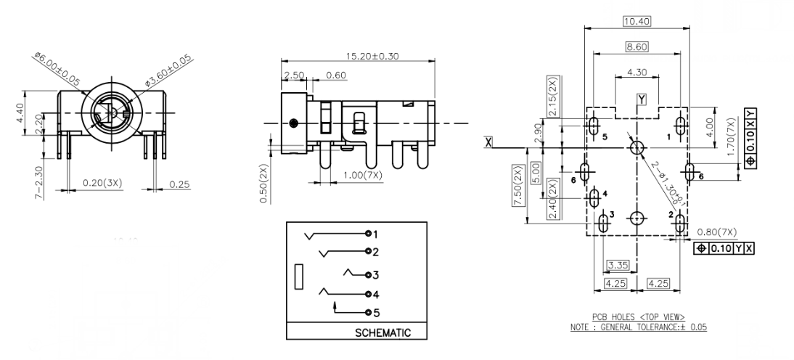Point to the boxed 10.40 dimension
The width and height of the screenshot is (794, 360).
pos(637,21)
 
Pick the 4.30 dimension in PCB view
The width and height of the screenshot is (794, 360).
pos(637,73)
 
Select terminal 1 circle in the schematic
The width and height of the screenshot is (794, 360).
pos(369,234)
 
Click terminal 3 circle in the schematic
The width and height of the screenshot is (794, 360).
pos(369,275)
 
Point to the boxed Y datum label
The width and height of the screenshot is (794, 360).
pos(641,98)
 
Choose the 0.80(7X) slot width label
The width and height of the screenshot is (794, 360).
pos(716,232)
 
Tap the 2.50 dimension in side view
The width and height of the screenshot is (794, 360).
pos(294,75)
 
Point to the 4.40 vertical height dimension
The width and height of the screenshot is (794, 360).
pos(20,113)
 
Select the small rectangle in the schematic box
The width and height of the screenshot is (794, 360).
pos(298,278)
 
